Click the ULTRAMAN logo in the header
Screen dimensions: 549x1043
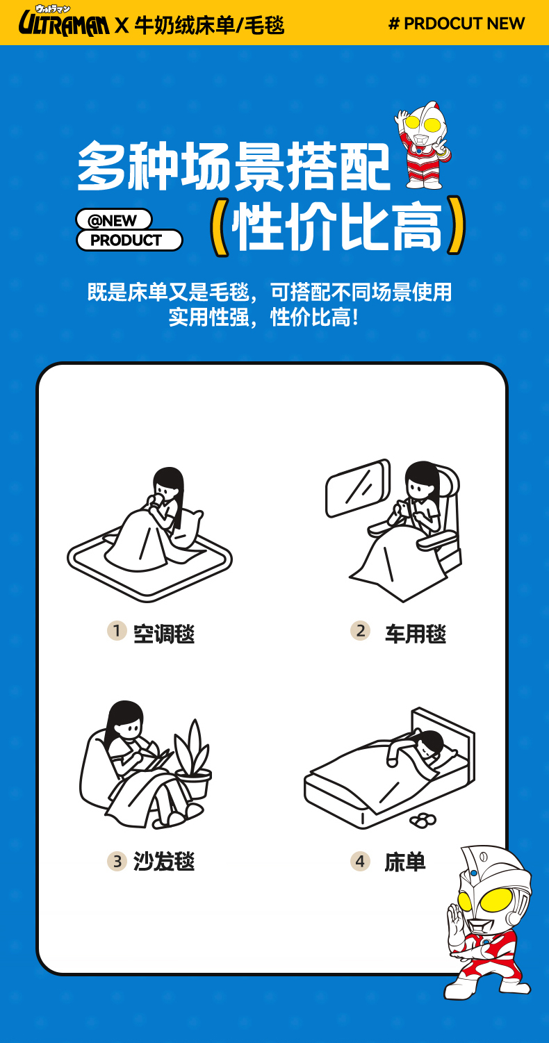tap(64, 22)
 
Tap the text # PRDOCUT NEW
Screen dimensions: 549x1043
tap(457, 24)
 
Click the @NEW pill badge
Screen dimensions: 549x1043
tap(113, 220)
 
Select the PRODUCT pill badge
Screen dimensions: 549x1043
tap(129, 240)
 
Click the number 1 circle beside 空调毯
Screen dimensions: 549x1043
tap(117, 631)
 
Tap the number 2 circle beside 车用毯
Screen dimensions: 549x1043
tap(361, 631)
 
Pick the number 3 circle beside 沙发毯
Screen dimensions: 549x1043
tap(117, 861)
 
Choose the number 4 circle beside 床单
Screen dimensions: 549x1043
tap(361, 861)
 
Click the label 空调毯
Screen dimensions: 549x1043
tap(164, 634)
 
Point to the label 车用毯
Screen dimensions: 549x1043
tap(416, 634)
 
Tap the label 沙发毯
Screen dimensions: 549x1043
tap(164, 862)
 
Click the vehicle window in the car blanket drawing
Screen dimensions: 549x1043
tap(358, 488)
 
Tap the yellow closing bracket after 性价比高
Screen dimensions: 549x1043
tap(457, 225)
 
